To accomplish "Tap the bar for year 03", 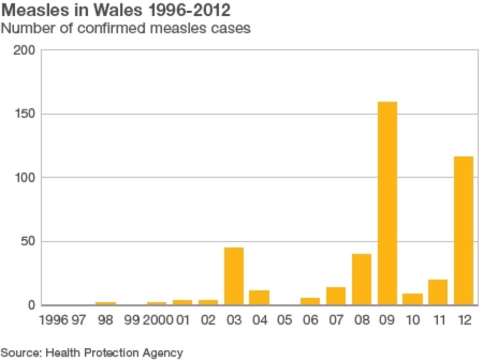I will pos(234,276).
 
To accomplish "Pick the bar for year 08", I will pos(362,279).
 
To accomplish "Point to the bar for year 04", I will pos(259,297).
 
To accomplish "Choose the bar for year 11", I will pos(438,292).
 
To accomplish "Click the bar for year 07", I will pos(336,296).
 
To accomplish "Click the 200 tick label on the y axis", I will pos(25,50).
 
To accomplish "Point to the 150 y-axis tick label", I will pos(25,114).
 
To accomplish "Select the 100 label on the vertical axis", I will pos(25,178).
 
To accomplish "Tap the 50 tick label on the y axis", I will pos(28,242).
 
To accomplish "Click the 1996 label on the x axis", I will pos(53,320).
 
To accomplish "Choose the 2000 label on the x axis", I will pos(158,320).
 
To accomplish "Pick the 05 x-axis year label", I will pos(285,320).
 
